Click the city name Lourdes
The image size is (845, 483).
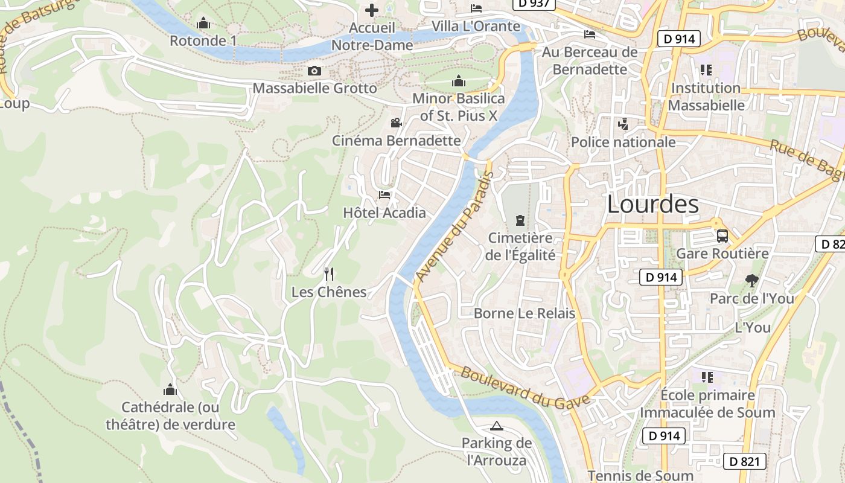click(x=652, y=204)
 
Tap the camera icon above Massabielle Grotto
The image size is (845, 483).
click(x=314, y=71)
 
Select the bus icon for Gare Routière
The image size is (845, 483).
click(x=722, y=235)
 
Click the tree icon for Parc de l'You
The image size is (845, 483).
click(x=751, y=280)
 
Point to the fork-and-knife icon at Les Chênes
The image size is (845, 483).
click(x=329, y=274)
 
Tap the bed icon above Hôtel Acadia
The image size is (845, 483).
click(x=384, y=194)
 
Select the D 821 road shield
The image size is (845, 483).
click(x=745, y=461)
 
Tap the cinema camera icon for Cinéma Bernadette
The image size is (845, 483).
click(x=396, y=123)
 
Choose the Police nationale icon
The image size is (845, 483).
click(x=623, y=124)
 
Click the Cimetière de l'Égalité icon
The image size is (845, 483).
click(x=520, y=220)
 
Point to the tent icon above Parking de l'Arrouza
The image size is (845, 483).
click(x=496, y=426)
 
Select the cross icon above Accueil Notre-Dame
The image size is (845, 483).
click(x=372, y=10)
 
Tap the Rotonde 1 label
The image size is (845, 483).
click(x=203, y=40)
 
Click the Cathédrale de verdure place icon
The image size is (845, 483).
click(x=170, y=389)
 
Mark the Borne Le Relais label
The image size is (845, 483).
click(x=524, y=313)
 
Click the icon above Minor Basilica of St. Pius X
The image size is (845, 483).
click(x=458, y=81)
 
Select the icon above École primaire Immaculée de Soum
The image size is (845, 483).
click(x=707, y=377)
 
